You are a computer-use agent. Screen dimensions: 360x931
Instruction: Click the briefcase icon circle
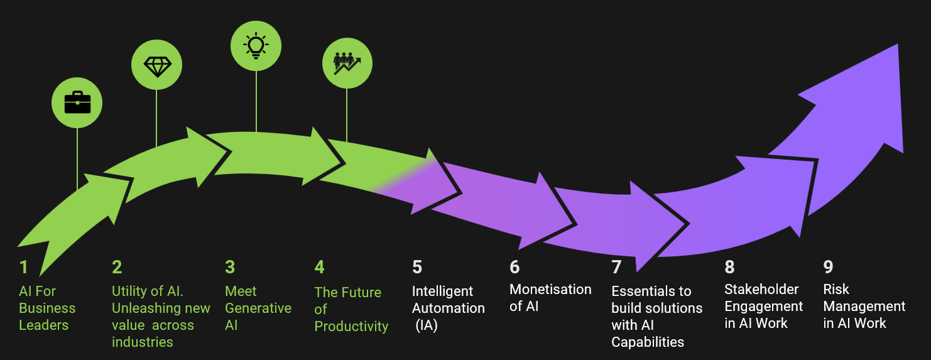77,102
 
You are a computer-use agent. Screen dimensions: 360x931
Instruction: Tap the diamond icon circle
156,65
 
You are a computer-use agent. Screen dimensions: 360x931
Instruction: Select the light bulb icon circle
256,46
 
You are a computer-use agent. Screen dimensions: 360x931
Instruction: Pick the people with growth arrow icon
347,63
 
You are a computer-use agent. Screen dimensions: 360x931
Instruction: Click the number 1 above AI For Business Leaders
24,268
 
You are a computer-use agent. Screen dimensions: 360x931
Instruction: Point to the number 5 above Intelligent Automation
417,267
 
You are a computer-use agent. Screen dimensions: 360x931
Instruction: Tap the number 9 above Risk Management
828,267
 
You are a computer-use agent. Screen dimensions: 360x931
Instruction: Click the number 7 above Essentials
616,267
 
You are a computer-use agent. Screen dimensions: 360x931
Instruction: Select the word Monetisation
550,290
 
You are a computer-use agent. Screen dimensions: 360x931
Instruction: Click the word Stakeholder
761,290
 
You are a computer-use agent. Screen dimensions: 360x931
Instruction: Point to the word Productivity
351,327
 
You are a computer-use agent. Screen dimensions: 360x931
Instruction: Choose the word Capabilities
648,342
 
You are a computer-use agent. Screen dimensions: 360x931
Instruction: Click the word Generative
258,308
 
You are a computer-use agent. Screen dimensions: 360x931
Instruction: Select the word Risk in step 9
836,290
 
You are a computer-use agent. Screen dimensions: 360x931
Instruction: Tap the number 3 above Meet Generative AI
230,267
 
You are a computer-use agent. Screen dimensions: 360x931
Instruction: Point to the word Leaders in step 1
43,325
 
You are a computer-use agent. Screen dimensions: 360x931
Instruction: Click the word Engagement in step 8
763,307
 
